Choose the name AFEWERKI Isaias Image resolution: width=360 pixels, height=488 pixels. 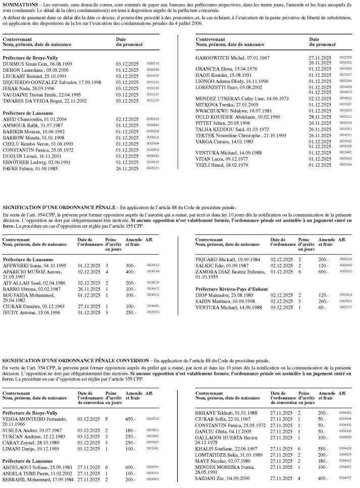click(x=22, y=265)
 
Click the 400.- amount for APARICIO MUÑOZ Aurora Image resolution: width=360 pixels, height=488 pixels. click(x=131, y=271)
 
